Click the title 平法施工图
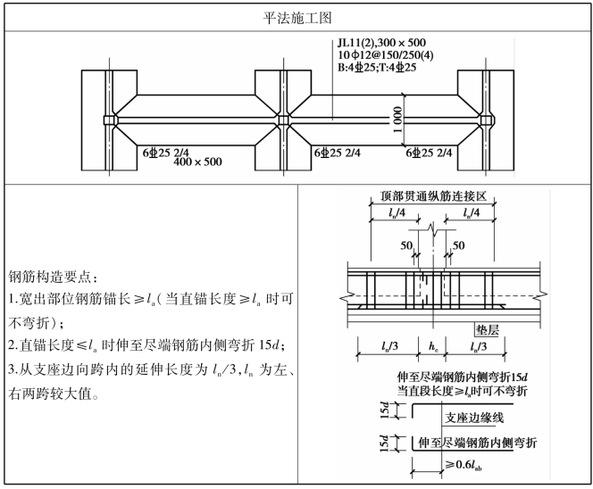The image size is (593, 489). [296, 16]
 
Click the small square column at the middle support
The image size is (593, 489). [283, 120]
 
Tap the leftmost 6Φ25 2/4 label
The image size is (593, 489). [173, 153]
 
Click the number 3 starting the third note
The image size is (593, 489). [11, 370]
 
